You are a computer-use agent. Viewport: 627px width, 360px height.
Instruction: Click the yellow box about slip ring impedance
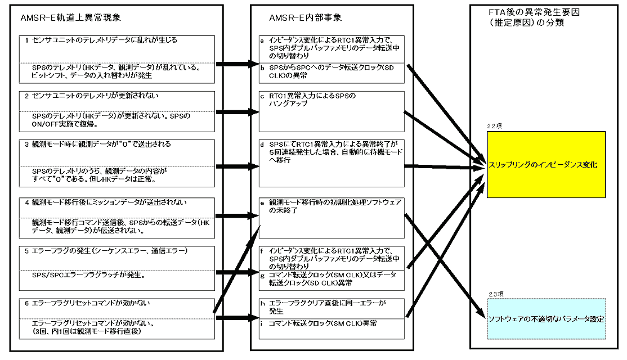pos(546,165)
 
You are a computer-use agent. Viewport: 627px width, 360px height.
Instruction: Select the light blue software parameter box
pos(546,319)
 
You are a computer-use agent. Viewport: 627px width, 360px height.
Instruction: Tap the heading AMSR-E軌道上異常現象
pos(71,17)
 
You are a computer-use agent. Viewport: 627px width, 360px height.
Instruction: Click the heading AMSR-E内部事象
pos(305,17)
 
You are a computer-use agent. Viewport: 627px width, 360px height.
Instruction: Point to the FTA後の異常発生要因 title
pos(534,12)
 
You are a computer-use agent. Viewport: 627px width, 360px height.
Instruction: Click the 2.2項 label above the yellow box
pos(494,126)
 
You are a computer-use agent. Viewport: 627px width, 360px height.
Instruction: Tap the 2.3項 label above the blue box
pos(496,294)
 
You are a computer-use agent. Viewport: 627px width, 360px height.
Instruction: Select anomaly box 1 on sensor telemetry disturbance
pos(117,60)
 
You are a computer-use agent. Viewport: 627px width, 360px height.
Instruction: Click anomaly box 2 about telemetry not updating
pos(117,111)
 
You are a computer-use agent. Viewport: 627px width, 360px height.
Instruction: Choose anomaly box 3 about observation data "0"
pos(117,164)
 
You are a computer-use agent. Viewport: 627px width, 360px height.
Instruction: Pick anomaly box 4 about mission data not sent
pos(117,218)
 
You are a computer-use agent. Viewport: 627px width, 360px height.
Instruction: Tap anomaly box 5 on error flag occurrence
pos(117,268)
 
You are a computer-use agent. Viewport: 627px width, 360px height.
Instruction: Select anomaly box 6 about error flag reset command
pos(117,319)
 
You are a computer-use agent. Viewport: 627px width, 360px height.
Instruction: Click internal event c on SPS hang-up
pos(332,111)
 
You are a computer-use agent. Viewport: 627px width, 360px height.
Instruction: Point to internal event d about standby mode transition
pos(332,164)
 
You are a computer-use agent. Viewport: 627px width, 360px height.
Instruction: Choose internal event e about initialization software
pos(332,218)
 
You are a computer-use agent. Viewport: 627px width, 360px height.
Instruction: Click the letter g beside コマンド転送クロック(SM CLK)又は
pos(262,276)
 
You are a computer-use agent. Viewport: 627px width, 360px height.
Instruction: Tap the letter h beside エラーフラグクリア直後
pos(263,303)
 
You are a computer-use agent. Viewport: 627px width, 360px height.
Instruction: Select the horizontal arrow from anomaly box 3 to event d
pos(238,166)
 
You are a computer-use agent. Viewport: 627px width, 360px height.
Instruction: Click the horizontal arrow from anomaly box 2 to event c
pos(238,112)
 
